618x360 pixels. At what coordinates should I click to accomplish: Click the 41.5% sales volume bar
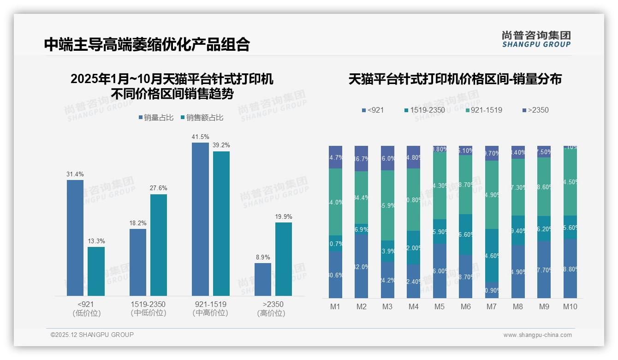point(200,219)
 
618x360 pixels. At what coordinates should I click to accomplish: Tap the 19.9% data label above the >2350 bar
point(284,216)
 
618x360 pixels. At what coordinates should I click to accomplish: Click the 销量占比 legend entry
point(156,118)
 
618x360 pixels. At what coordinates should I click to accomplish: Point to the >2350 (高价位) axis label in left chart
point(273,309)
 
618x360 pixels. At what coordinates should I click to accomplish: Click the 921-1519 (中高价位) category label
point(210,309)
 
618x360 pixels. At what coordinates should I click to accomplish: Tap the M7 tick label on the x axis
point(492,306)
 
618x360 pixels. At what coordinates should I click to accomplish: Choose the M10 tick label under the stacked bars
point(570,306)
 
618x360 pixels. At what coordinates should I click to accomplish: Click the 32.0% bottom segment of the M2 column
point(361,266)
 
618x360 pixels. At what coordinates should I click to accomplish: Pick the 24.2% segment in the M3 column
point(387,280)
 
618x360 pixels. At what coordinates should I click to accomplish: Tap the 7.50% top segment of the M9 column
point(544,152)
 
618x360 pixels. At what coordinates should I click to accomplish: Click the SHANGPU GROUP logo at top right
point(536,39)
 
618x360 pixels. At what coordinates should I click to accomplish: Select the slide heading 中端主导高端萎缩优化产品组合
point(147,44)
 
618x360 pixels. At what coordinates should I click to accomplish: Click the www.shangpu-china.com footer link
point(537,335)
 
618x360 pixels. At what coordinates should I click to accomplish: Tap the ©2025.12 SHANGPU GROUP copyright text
point(92,335)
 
